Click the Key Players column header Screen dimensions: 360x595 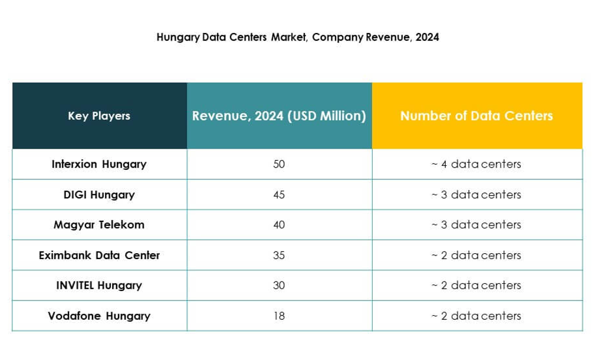tap(99, 116)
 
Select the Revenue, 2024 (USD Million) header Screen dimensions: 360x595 tap(279, 116)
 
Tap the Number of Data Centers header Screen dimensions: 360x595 tap(476, 116)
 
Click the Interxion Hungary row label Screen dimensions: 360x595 tap(99, 164)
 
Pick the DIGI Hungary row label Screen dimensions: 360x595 tap(99, 194)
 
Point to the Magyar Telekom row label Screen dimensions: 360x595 tap(99, 225)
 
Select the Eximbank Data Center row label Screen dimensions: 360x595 tap(99, 256)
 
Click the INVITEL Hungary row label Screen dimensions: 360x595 tap(99, 285)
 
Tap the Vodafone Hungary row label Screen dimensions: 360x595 tap(99, 316)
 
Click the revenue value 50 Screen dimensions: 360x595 tap(279, 164)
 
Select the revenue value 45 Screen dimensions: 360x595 tap(279, 194)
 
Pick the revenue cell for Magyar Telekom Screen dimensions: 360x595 tap(279, 225)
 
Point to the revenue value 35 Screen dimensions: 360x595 tap(279, 256)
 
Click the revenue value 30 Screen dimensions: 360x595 tap(279, 285)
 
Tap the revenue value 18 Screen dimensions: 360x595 tap(279, 316)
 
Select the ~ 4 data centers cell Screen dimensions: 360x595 tap(476, 164)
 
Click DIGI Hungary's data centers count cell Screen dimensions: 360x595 tap(476, 194)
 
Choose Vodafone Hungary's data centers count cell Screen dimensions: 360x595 tap(476, 316)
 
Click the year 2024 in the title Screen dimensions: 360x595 tap(427, 37)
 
